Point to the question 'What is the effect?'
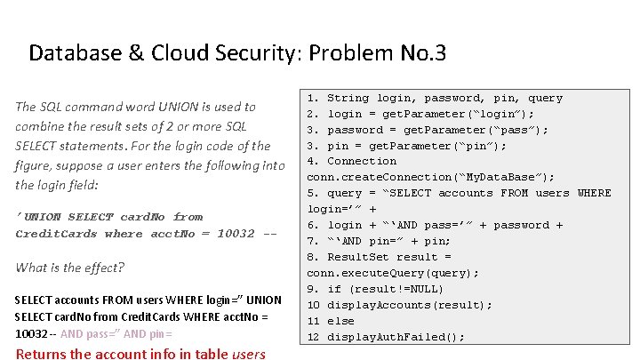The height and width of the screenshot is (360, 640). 70,268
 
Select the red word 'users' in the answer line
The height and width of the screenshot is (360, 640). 249,354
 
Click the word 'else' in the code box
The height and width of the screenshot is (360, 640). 340,321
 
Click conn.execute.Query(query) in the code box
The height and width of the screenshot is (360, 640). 393,273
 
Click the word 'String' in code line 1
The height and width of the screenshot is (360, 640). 348,98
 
